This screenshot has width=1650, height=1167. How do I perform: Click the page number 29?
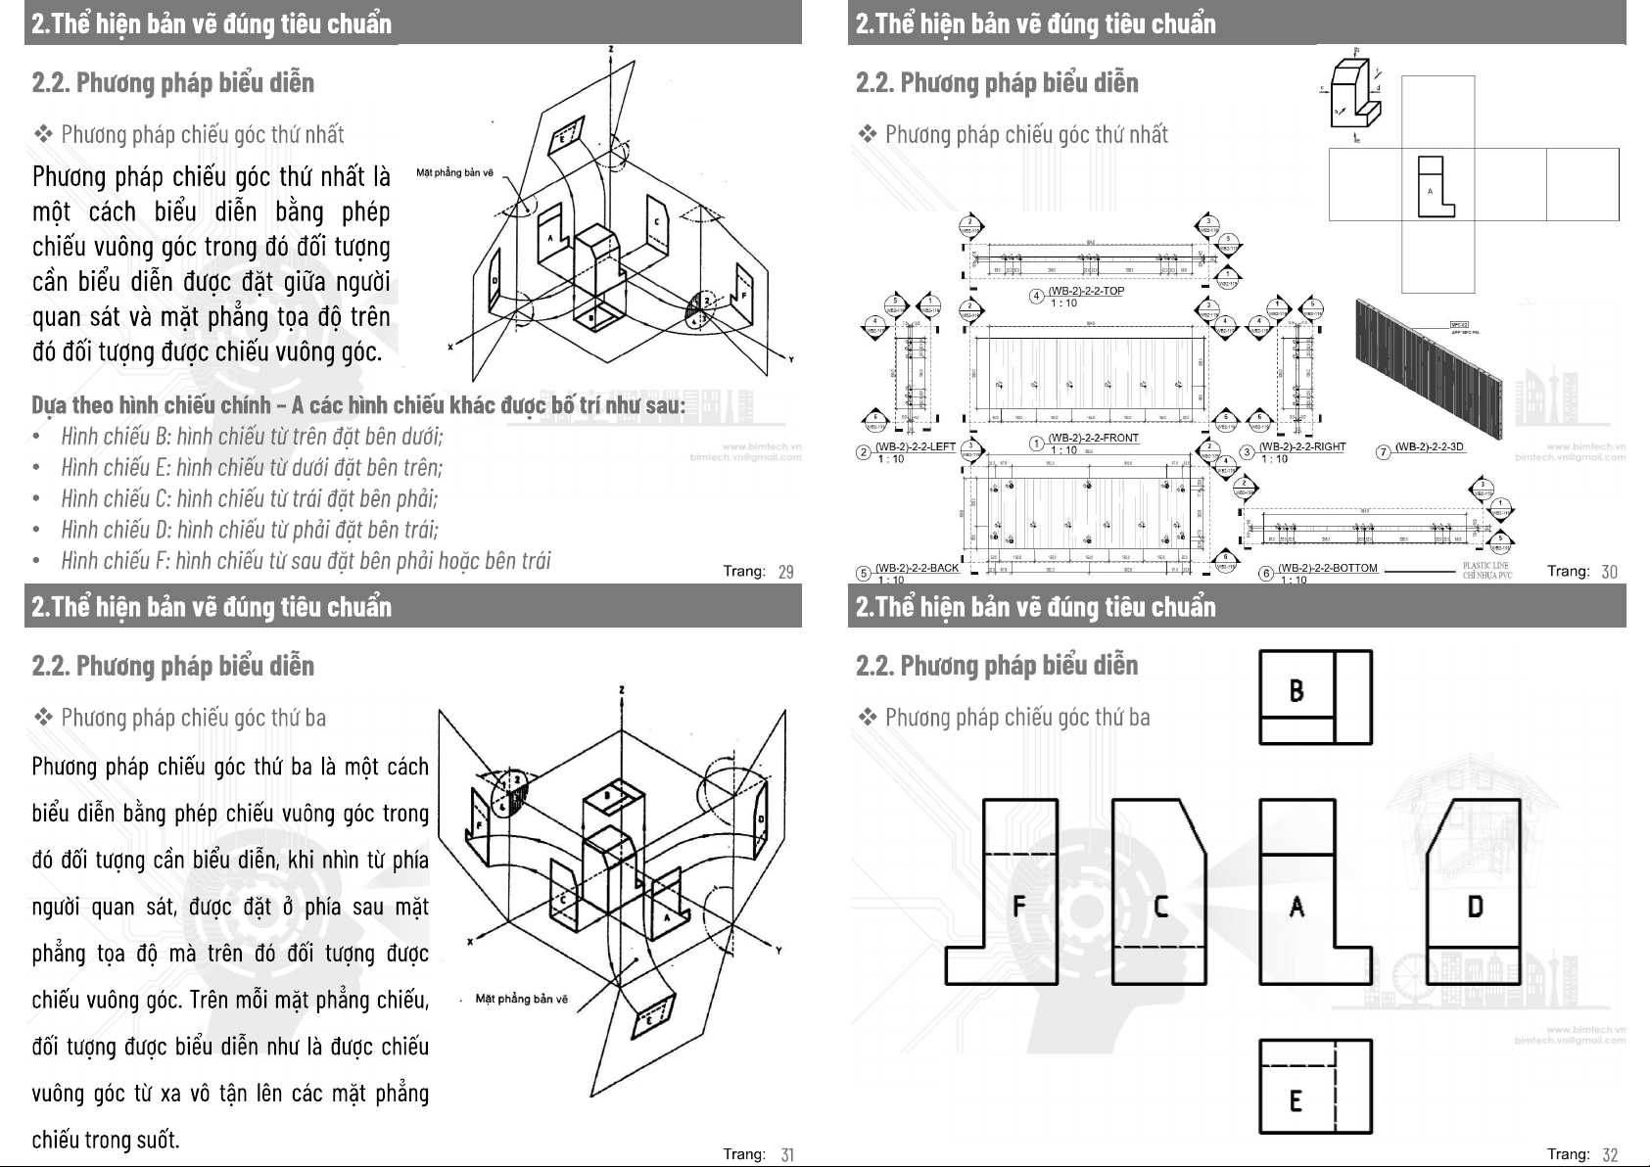[x=785, y=572]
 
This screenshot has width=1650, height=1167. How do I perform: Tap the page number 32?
[x=1610, y=1155]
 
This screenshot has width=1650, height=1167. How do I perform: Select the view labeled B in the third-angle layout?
[x=1314, y=697]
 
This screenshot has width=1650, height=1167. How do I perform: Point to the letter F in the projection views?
[x=1018, y=906]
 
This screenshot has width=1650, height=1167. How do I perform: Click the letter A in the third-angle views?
[x=1296, y=908]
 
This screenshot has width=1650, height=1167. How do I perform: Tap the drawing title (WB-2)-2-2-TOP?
[x=1086, y=291]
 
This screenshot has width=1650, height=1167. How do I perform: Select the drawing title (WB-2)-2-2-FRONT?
[x=1093, y=438]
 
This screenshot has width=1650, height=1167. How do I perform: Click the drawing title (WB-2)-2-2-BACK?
[x=917, y=568]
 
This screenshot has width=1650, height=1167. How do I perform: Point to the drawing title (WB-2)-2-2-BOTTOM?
[x=1327, y=568]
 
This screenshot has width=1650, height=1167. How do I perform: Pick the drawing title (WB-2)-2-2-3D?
[x=1429, y=447]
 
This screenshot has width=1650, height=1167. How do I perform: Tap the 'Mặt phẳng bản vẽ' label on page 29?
[x=454, y=173]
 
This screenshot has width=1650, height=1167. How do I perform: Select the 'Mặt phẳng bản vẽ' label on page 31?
[x=521, y=999]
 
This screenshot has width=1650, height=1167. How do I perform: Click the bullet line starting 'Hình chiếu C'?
[x=249, y=498]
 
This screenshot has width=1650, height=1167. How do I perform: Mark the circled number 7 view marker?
[x=1384, y=452]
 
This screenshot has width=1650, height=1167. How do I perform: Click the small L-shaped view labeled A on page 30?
[x=1435, y=186]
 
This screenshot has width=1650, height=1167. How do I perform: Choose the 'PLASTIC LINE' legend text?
[x=1486, y=566]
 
